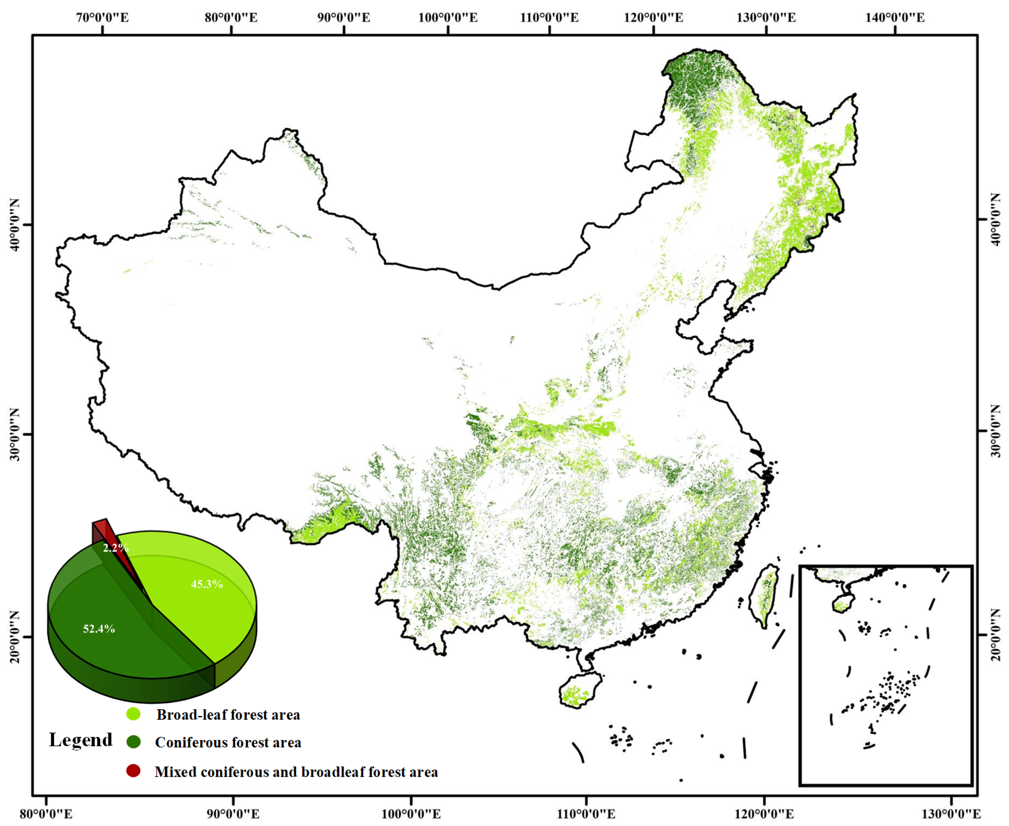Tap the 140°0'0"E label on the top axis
(x=895, y=18)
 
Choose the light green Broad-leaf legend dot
(x=133, y=714)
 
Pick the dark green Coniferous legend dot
(x=133, y=741)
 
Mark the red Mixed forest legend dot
(x=133, y=771)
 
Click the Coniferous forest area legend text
(x=228, y=742)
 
